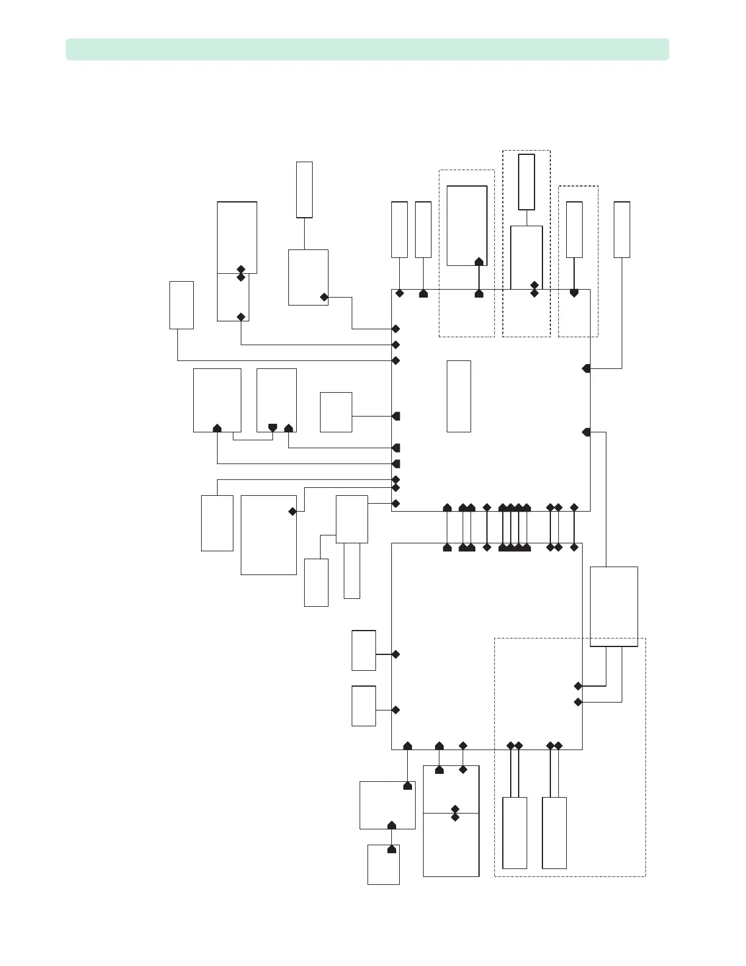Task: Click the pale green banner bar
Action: [x=367, y=49]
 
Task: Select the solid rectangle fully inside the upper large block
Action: [x=458, y=396]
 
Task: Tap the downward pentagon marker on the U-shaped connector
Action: [x=272, y=428]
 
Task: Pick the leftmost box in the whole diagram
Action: [x=181, y=305]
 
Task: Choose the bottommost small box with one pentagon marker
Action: [x=383, y=864]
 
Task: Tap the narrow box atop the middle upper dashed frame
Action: [x=527, y=182]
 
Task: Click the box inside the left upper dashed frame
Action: [x=467, y=226]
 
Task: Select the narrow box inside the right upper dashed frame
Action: [x=574, y=229]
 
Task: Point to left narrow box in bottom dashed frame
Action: [x=514, y=832]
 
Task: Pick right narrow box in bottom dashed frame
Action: [x=554, y=832]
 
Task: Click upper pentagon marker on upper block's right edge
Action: [x=586, y=368]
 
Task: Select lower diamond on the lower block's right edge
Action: [x=578, y=702]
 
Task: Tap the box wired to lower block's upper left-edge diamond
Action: [x=364, y=650]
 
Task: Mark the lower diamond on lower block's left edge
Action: [x=396, y=710]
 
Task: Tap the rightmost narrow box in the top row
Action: [x=622, y=229]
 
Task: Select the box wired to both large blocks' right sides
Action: [x=614, y=606]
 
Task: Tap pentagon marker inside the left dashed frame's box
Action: [x=479, y=262]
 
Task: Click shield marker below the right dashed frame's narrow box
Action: [x=574, y=293]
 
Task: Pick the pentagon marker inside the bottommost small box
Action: [x=391, y=849]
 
